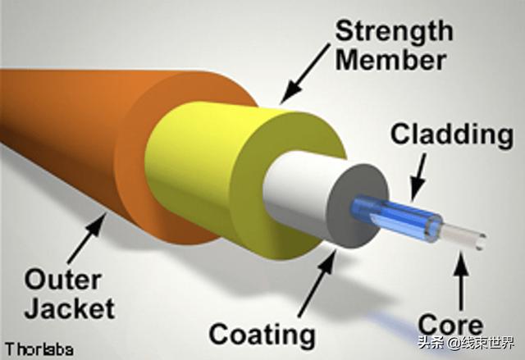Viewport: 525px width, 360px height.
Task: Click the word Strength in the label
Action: coord(393,31)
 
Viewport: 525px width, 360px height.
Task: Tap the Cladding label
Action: coord(451,134)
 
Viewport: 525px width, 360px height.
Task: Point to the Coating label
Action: coord(262,334)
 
